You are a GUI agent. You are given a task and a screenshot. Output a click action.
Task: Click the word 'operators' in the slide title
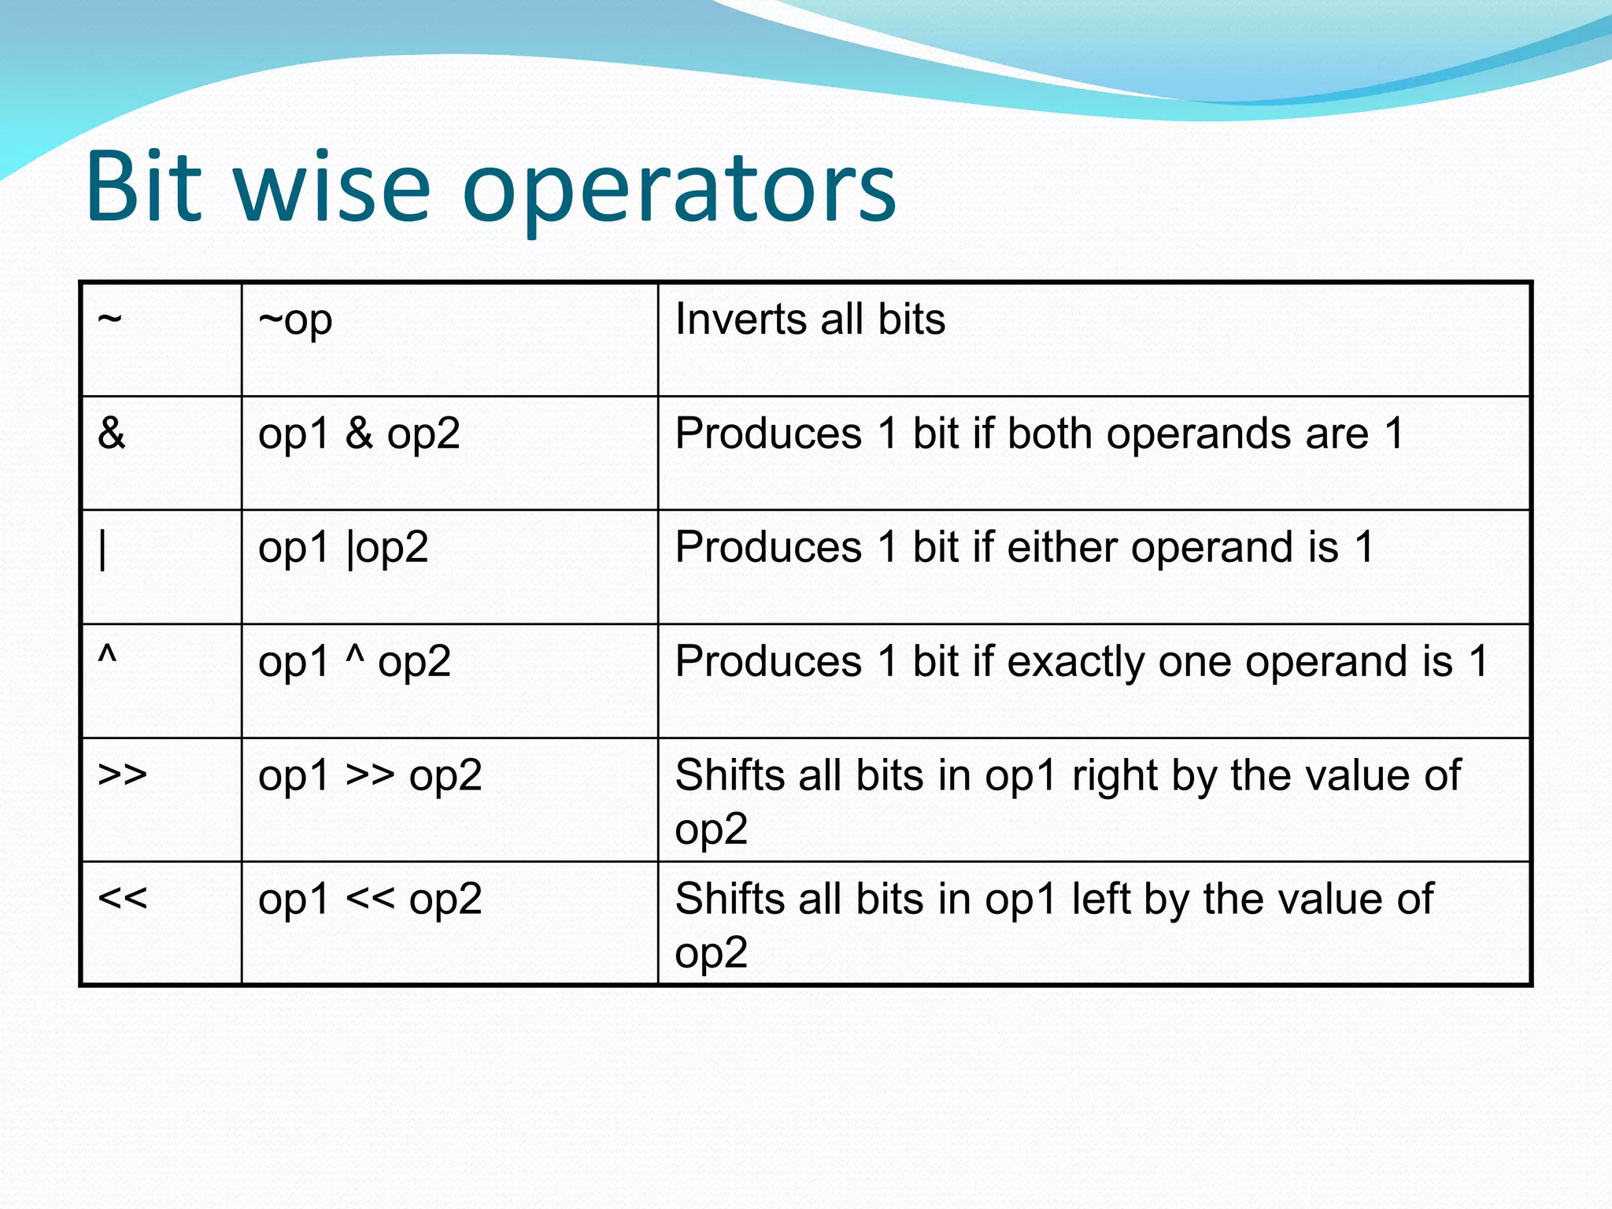pos(678,189)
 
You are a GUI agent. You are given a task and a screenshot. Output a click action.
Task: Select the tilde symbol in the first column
pos(110,320)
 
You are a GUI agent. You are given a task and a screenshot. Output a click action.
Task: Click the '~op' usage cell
pos(295,321)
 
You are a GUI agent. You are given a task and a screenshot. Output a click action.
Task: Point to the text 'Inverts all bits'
pos(810,320)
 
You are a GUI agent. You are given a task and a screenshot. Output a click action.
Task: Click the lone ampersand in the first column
pos(112,433)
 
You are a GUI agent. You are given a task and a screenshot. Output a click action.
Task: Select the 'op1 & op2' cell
pos(359,434)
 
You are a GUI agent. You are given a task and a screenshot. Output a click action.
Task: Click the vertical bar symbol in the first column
pos(103,549)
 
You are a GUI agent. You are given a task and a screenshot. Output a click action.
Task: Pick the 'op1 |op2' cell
pos(343,548)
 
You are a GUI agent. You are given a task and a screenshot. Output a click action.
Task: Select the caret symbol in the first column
pos(107,655)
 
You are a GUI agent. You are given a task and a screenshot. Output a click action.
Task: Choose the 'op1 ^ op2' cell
pos(354,662)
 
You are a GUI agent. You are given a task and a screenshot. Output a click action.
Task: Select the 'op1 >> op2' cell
pos(370,776)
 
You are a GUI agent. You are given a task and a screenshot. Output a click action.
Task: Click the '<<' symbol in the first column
pos(122,898)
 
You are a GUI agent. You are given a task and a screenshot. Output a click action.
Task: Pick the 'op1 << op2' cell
pos(370,900)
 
